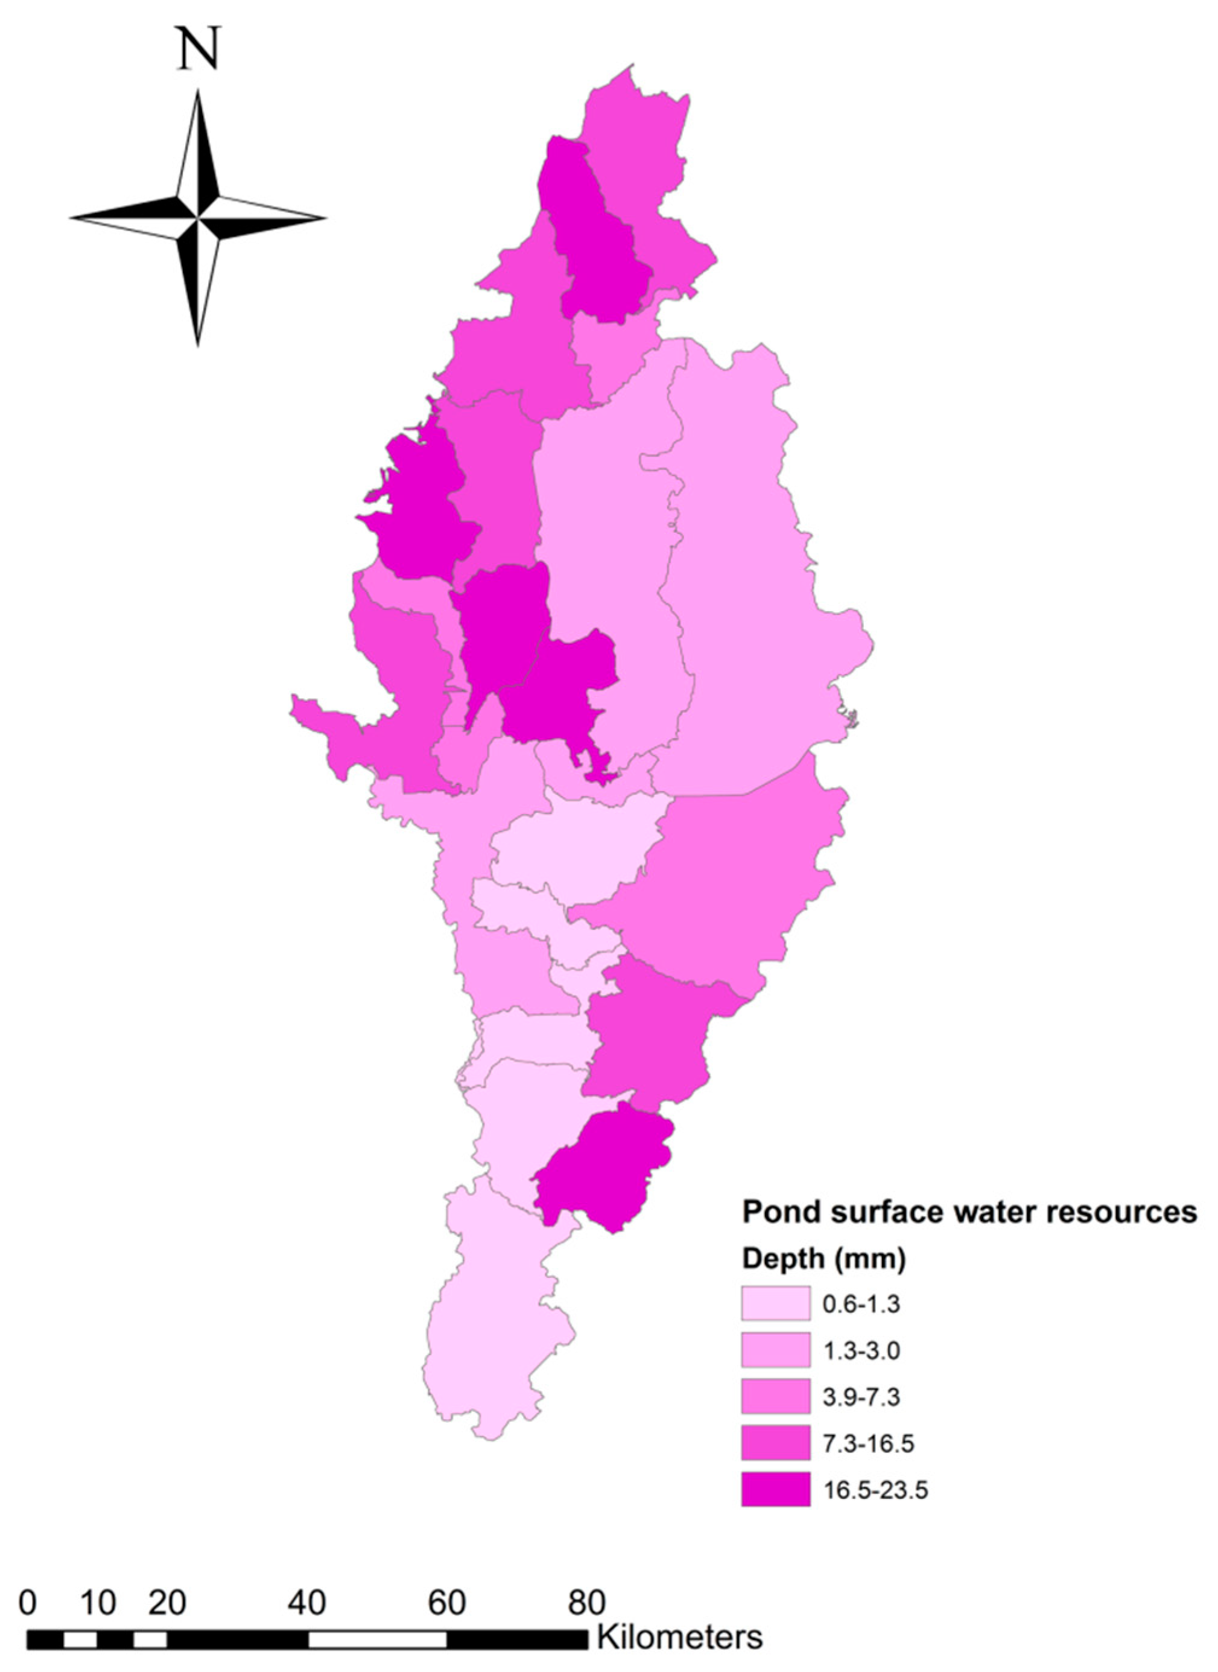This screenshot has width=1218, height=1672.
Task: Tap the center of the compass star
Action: [x=198, y=218]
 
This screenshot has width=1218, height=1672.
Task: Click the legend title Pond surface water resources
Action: [x=969, y=1212]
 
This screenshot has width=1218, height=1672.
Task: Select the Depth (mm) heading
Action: [x=823, y=1259]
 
